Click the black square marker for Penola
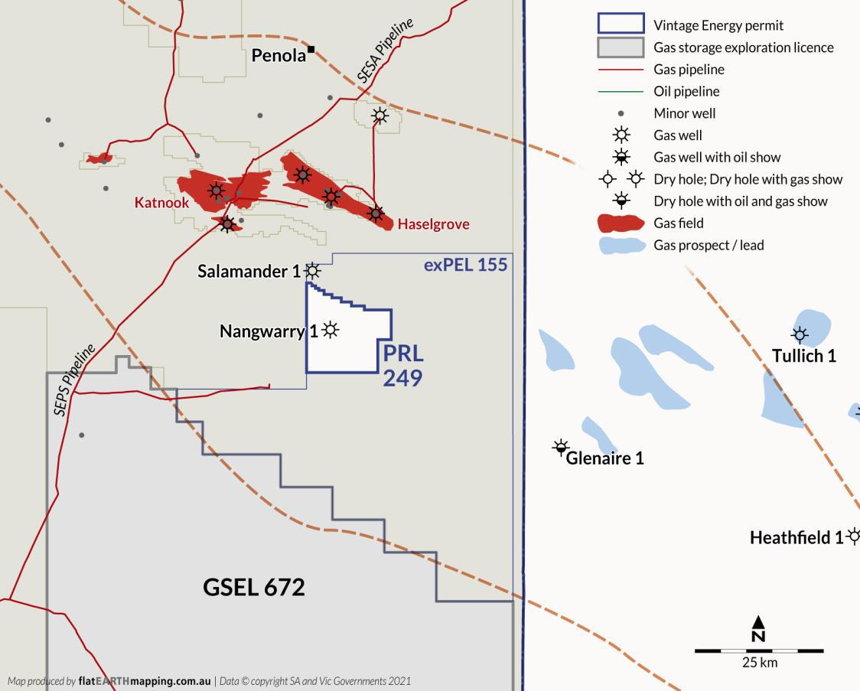tap(311, 51)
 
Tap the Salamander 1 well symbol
tap(312, 270)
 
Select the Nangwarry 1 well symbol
tap(330, 330)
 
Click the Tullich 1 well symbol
tap(800, 334)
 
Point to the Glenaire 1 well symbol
tap(561, 447)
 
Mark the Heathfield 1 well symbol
tap(853, 536)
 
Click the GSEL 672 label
tap(253, 587)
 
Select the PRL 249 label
tap(402, 367)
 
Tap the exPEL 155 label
tap(465, 265)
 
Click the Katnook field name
tap(161, 203)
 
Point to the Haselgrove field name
tap(433, 224)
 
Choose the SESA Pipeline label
tap(385, 51)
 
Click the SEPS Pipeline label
tap(74, 380)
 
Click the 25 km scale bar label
tap(759, 663)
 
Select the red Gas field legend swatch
tap(620, 223)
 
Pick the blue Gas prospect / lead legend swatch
tap(620, 246)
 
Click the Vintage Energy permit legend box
tap(620, 25)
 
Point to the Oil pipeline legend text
tap(686, 91)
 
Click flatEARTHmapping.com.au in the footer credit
tap(145, 680)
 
